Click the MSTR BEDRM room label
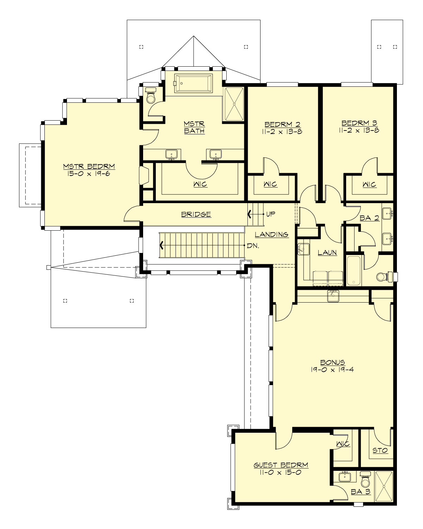click(x=89, y=166)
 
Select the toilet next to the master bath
click(x=151, y=96)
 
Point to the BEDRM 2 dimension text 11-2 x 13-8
click(x=282, y=132)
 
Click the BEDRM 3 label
click(x=359, y=123)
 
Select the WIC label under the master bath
click(x=200, y=184)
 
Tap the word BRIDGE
click(x=196, y=214)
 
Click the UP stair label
click(x=270, y=214)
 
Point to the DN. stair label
click(x=253, y=246)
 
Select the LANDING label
click(x=271, y=235)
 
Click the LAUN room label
click(x=327, y=253)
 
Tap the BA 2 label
click(x=369, y=218)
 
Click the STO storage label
click(x=380, y=450)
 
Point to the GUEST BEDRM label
click(x=281, y=465)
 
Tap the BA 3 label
click(x=361, y=492)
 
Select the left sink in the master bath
click(x=172, y=154)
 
